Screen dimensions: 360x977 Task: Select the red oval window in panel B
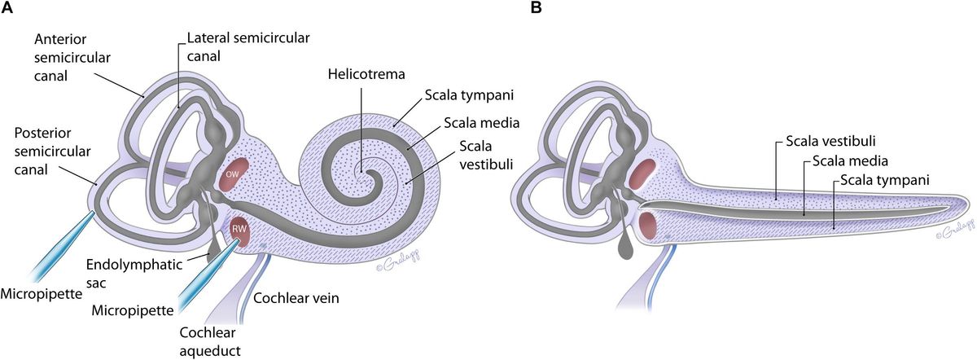click(642, 173)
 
